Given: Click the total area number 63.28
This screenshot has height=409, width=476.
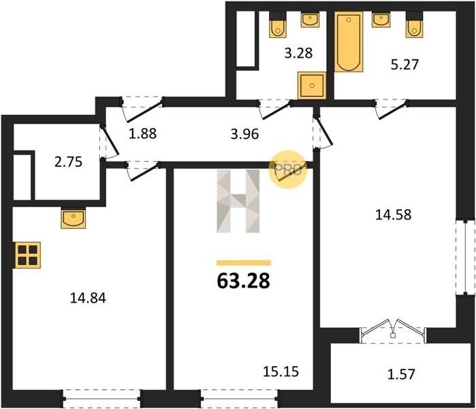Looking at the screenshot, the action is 244,281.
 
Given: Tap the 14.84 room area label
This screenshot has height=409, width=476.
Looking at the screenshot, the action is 88,298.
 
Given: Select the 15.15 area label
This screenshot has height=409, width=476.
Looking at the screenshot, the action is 281,372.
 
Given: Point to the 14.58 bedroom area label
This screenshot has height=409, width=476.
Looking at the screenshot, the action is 394,215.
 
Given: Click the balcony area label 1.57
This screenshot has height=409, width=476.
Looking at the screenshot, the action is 401,374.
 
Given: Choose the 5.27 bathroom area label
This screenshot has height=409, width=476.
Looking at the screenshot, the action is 404,65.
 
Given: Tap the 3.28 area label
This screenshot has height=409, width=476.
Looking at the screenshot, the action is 298,53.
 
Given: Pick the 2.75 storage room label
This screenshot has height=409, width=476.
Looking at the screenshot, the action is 68,162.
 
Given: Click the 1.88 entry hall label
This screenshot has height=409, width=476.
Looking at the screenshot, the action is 143,134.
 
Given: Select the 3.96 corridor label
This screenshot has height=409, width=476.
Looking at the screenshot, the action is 244,134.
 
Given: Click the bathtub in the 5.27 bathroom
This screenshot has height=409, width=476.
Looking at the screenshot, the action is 349,42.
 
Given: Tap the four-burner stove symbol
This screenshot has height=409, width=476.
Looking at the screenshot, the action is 28,255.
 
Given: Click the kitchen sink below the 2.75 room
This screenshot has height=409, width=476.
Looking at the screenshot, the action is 73,218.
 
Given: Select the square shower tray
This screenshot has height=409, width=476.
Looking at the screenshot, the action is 312,85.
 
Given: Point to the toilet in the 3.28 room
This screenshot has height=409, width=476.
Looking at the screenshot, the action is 278,25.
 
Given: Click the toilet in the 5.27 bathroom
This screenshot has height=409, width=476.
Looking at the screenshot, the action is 415,25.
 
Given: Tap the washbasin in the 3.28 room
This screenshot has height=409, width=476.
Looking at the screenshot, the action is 310,20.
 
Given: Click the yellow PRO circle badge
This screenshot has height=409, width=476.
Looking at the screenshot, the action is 288,170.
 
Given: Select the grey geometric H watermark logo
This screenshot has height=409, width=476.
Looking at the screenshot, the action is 238,201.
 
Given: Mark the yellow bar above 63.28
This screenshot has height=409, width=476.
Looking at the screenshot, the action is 244,263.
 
